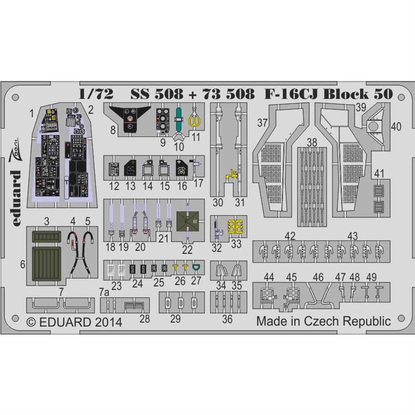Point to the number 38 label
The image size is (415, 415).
coord(312,142)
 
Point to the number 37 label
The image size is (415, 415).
coord(263,123)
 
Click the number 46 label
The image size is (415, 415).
coord(318,277)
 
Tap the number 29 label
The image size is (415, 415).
coord(176,319)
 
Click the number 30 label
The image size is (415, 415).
coord(218,203)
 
